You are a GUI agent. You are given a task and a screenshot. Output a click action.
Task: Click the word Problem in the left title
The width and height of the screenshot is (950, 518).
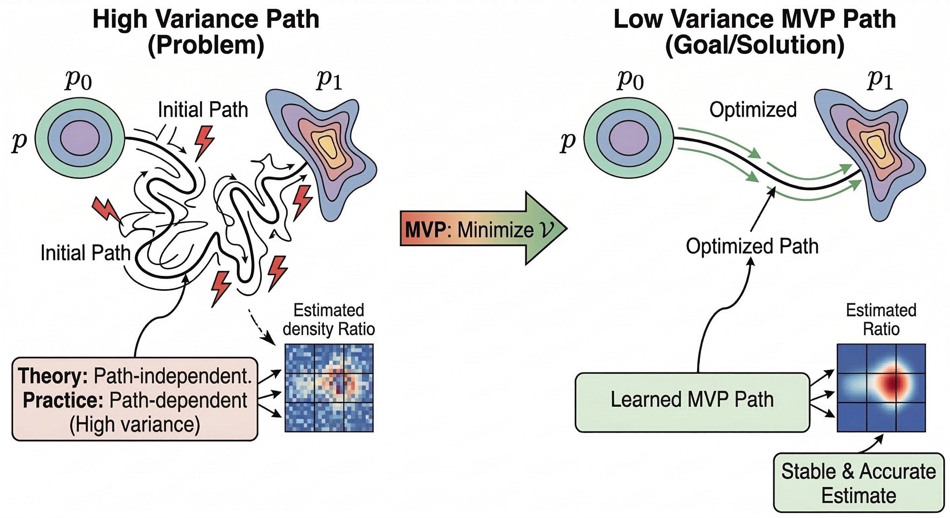click(x=206, y=45)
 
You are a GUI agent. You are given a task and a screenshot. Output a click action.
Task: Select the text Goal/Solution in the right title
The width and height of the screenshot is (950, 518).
click(x=755, y=45)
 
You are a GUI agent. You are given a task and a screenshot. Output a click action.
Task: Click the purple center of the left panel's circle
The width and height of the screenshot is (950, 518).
click(x=80, y=138)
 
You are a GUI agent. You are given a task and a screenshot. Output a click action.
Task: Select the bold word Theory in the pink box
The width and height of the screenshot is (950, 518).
click(x=53, y=376)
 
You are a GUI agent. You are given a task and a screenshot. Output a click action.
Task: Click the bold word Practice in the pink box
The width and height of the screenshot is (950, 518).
click(x=63, y=400)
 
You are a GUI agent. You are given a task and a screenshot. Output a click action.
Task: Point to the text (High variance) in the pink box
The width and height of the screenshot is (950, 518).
click(x=135, y=424)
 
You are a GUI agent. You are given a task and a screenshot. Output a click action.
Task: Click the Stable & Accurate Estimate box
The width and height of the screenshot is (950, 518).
click(x=859, y=483)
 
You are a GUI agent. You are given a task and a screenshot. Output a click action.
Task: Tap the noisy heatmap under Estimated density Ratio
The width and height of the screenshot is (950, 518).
click(x=329, y=388)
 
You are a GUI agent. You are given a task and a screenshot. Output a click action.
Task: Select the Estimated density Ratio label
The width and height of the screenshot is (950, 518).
click(x=329, y=320)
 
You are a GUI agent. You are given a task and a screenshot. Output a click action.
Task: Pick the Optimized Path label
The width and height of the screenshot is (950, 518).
click(x=752, y=246)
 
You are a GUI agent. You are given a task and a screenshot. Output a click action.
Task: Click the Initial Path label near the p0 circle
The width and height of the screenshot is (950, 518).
click(x=203, y=110)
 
